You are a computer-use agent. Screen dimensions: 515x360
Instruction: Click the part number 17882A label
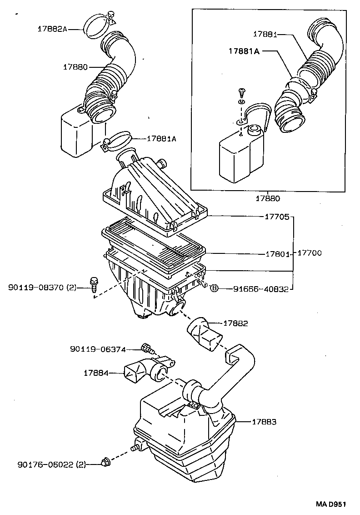point(52,29)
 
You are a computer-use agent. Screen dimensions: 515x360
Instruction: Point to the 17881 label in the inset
point(265,34)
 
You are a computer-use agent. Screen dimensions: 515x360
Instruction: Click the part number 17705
point(276,217)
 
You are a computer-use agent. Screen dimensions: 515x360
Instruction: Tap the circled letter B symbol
point(215,288)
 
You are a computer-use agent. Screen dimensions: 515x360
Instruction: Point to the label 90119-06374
point(98,349)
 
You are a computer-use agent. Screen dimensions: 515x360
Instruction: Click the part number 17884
point(96,373)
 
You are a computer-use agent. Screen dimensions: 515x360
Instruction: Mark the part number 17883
point(264,422)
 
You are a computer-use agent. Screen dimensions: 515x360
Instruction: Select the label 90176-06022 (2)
point(51,464)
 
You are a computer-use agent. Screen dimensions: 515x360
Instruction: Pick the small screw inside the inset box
point(241,93)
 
